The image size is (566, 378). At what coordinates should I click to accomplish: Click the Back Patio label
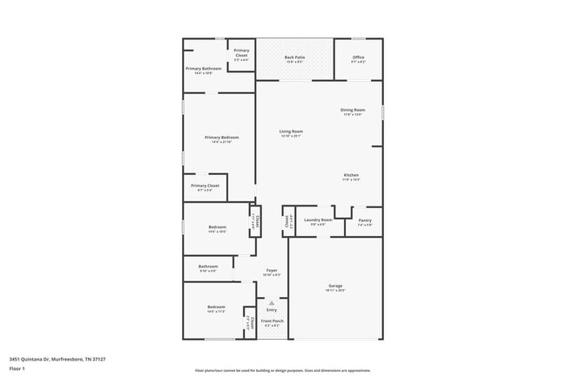[294, 57]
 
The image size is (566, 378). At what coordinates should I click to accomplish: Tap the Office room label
[358, 57]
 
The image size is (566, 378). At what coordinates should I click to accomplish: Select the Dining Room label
[353, 110]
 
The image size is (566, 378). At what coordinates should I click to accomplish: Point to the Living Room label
[291, 132]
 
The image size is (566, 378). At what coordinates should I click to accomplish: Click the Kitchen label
[350, 175]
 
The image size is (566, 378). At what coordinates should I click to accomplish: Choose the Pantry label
[365, 220]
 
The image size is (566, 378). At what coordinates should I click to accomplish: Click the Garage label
[335, 286]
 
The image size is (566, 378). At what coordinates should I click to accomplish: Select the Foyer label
[272, 271]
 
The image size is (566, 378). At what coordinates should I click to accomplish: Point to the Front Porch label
[272, 321]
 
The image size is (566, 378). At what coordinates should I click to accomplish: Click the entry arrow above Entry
[272, 303]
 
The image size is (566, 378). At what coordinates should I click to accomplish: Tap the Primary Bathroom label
[205, 68]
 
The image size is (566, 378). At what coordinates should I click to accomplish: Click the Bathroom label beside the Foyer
[208, 267]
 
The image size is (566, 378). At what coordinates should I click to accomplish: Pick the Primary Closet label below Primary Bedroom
[206, 186]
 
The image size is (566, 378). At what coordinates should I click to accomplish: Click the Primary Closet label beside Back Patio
[241, 52]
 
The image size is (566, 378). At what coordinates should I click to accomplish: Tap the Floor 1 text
[17, 369]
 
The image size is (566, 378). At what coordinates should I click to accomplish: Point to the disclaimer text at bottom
[282, 370]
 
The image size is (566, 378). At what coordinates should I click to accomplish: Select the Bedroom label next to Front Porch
[216, 307]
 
